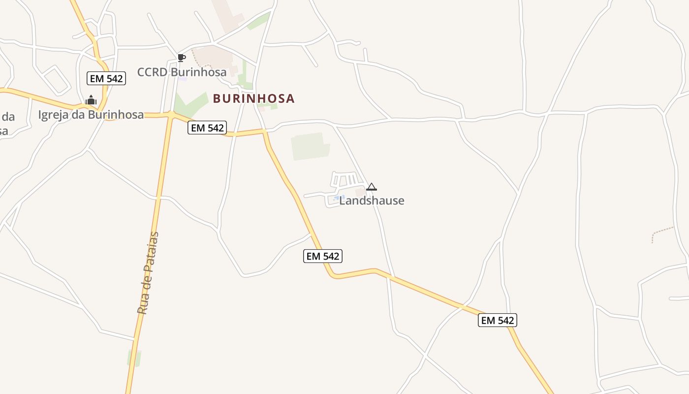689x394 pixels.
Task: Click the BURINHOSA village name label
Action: [x=253, y=98]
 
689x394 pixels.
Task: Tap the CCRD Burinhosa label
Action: [x=182, y=72]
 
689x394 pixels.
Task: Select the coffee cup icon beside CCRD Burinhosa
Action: [x=182, y=58]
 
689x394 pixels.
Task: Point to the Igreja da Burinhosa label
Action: [x=91, y=115]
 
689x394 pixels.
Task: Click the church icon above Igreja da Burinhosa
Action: [x=91, y=100]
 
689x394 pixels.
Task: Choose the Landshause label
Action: [x=372, y=200]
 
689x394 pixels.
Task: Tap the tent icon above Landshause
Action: [x=372, y=187]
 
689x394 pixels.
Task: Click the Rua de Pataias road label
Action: [x=149, y=273]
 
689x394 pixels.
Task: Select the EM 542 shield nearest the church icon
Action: [x=106, y=78]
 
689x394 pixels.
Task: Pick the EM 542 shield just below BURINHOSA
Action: [x=207, y=128]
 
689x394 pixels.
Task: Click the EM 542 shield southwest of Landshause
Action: [x=322, y=256]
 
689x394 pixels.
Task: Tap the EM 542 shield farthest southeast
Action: [x=497, y=320]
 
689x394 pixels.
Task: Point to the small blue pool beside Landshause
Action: [x=338, y=198]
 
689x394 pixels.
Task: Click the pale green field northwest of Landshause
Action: [x=310, y=146]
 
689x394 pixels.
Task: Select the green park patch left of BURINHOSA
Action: [x=189, y=104]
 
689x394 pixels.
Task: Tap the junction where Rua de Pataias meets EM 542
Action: [x=171, y=115]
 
